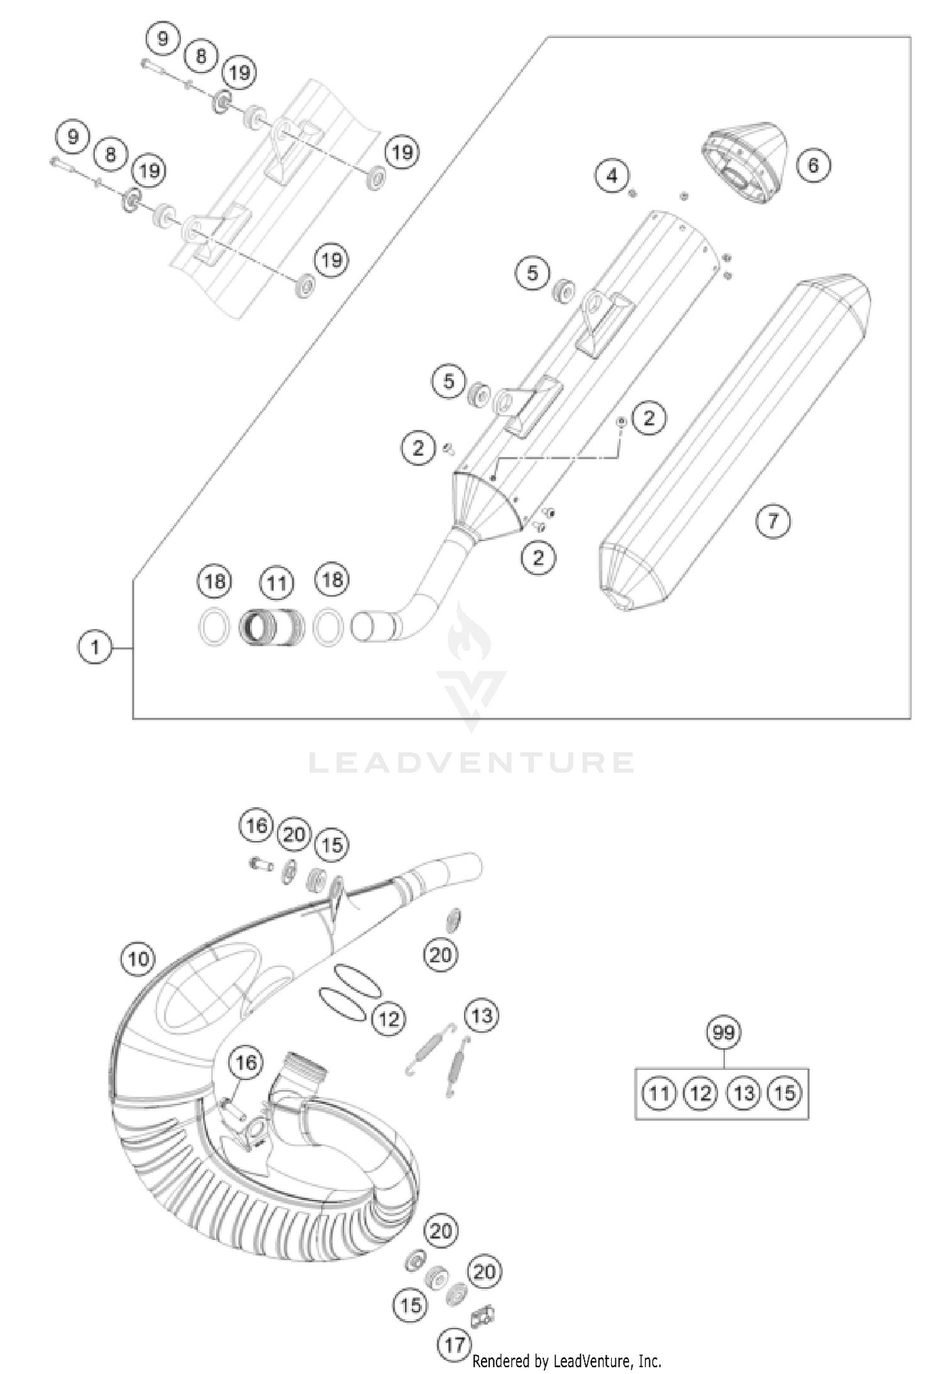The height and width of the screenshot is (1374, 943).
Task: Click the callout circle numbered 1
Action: pyautogui.click(x=95, y=647)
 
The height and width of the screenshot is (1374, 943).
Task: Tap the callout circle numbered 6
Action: pyautogui.click(x=813, y=165)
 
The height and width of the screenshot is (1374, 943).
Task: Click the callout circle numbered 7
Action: pyautogui.click(x=772, y=520)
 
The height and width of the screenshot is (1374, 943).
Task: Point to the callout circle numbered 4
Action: pyautogui.click(x=612, y=176)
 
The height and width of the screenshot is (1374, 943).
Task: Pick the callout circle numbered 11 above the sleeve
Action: pyautogui.click(x=277, y=583)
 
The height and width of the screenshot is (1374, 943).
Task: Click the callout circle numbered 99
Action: pyautogui.click(x=724, y=1032)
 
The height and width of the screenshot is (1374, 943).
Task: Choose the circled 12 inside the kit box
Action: pyautogui.click(x=700, y=1093)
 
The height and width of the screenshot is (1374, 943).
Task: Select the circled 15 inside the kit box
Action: pyautogui.click(x=785, y=1093)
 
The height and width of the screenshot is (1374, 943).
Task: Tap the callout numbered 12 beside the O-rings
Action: pyautogui.click(x=389, y=1018)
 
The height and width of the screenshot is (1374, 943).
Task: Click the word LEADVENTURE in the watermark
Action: pyautogui.click(x=472, y=762)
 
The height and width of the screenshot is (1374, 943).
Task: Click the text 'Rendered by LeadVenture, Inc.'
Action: pyautogui.click(x=566, y=1361)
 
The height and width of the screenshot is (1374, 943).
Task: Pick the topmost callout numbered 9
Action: pyautogui.click(x=163, y=39)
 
